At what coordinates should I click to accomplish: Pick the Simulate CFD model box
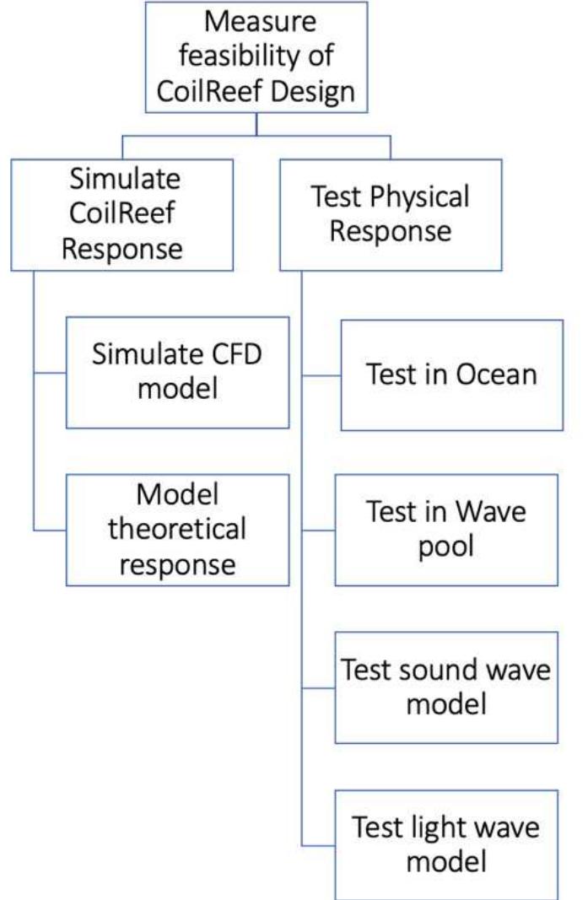[x=177, y=372]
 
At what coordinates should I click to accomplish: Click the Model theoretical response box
[x=177, y=530]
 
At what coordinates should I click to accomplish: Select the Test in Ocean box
[x=451, y=375]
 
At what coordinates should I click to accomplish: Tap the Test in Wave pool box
[x=446, y=530]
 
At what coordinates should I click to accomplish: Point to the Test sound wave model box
[x=446, y=687]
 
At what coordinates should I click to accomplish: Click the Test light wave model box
[x=446, y=843]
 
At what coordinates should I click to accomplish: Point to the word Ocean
[x=496, y=375]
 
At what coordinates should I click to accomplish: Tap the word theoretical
[x=177, y=530]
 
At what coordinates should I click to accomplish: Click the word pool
[x=446, y=547]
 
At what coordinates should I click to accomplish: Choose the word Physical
[x=416, y=197]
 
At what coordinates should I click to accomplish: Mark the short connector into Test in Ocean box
[x=321, y=375]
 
